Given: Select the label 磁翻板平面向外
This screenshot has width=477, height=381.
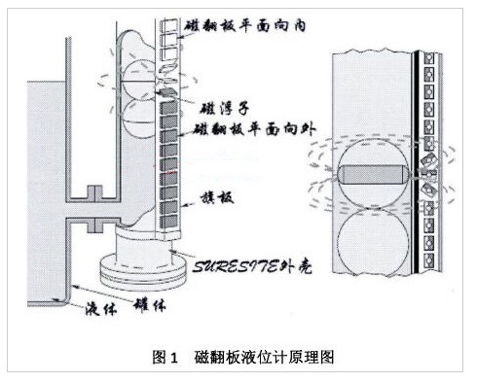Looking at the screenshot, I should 250,128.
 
